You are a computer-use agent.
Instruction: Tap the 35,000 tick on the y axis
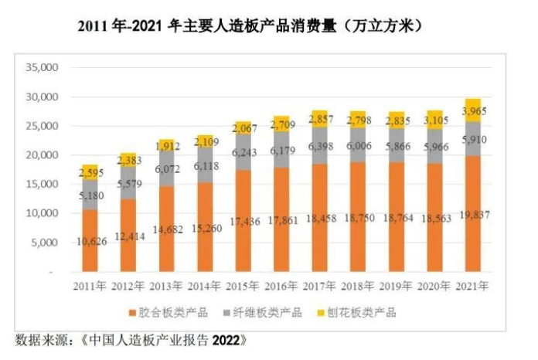click(x=43, y=68)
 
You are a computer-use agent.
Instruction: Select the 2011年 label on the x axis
click(x=91, y=287)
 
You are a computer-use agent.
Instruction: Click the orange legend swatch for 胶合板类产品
click(x=132, y=313)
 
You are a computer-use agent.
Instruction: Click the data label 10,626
click(x=91, y=243)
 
